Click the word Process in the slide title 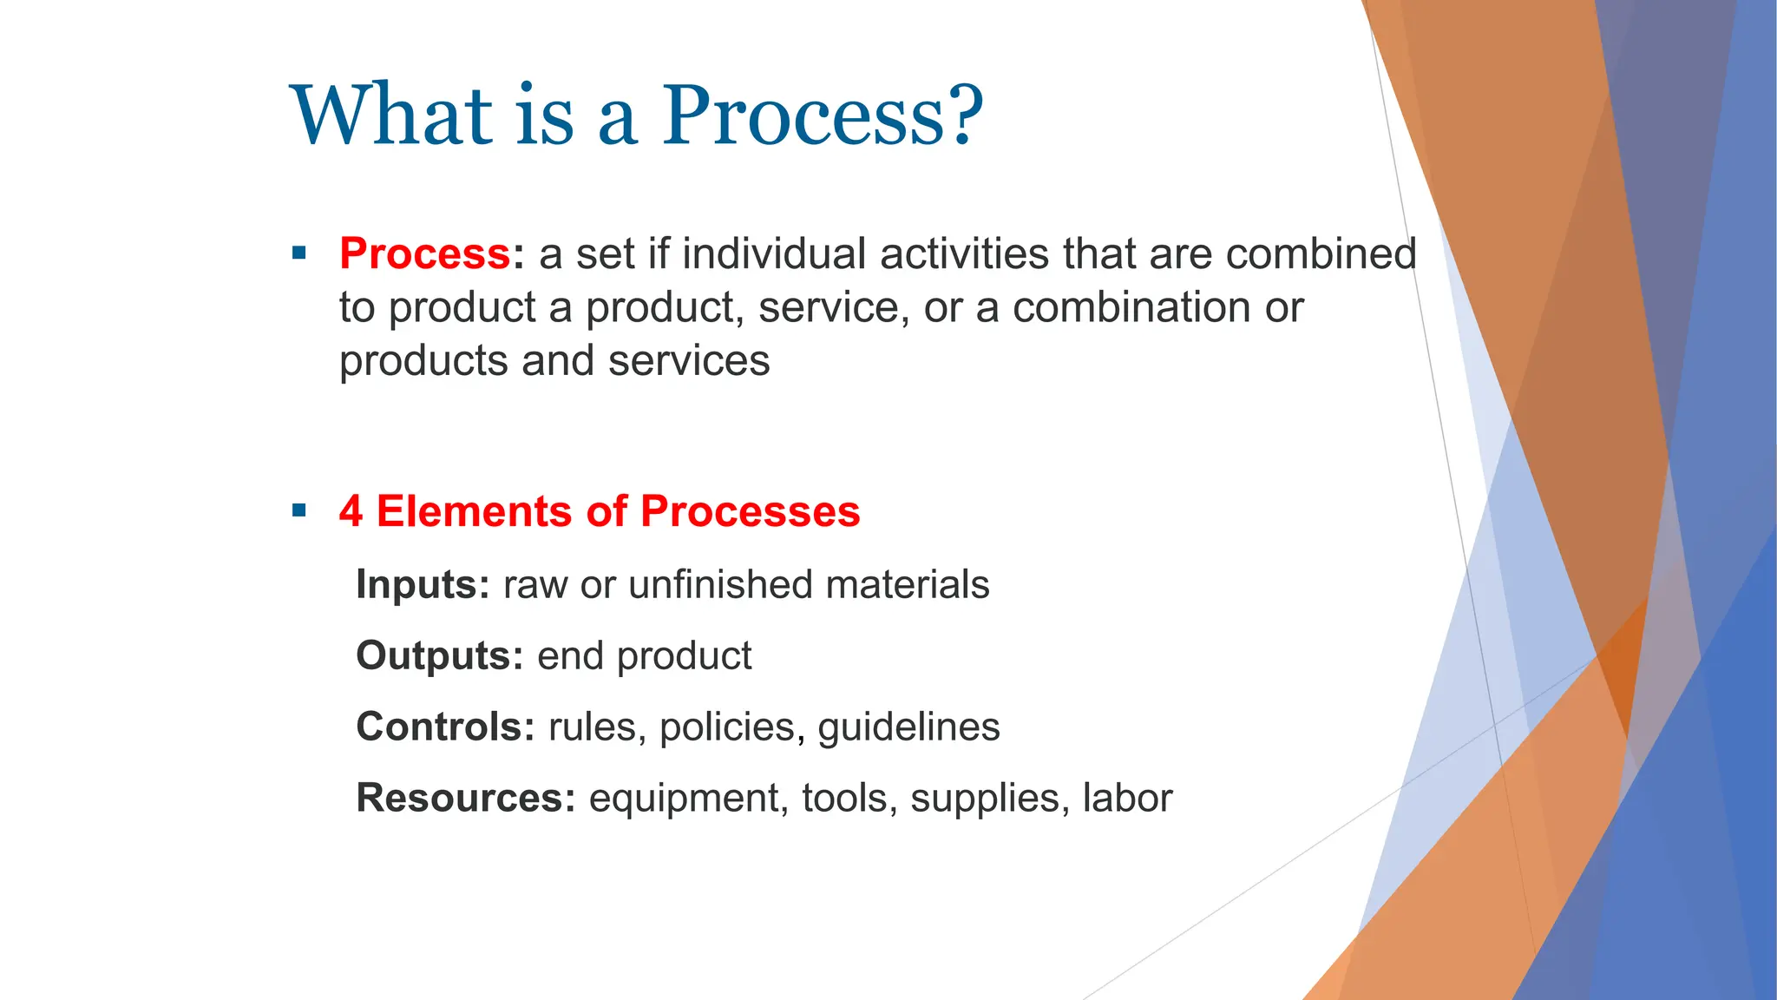pyautogui.click(x=806, y=115)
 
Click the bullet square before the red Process pyautogui.click(x=299, y=254)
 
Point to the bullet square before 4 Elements pyautogui.click(x=299, y=510)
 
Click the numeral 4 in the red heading pyautogui.click(x=351, y=511)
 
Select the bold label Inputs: pyautogui.click(x=423, y=585)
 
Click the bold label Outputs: pyautogui.click(x=439, y=656)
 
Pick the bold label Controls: pyautogui.click(x=445, y=727)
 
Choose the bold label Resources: pyautogui.click(x=465, y=798)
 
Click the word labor pyautogui.click(x=1127, y=798)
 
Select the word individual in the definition pyautogui.click(x=774, y=254)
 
